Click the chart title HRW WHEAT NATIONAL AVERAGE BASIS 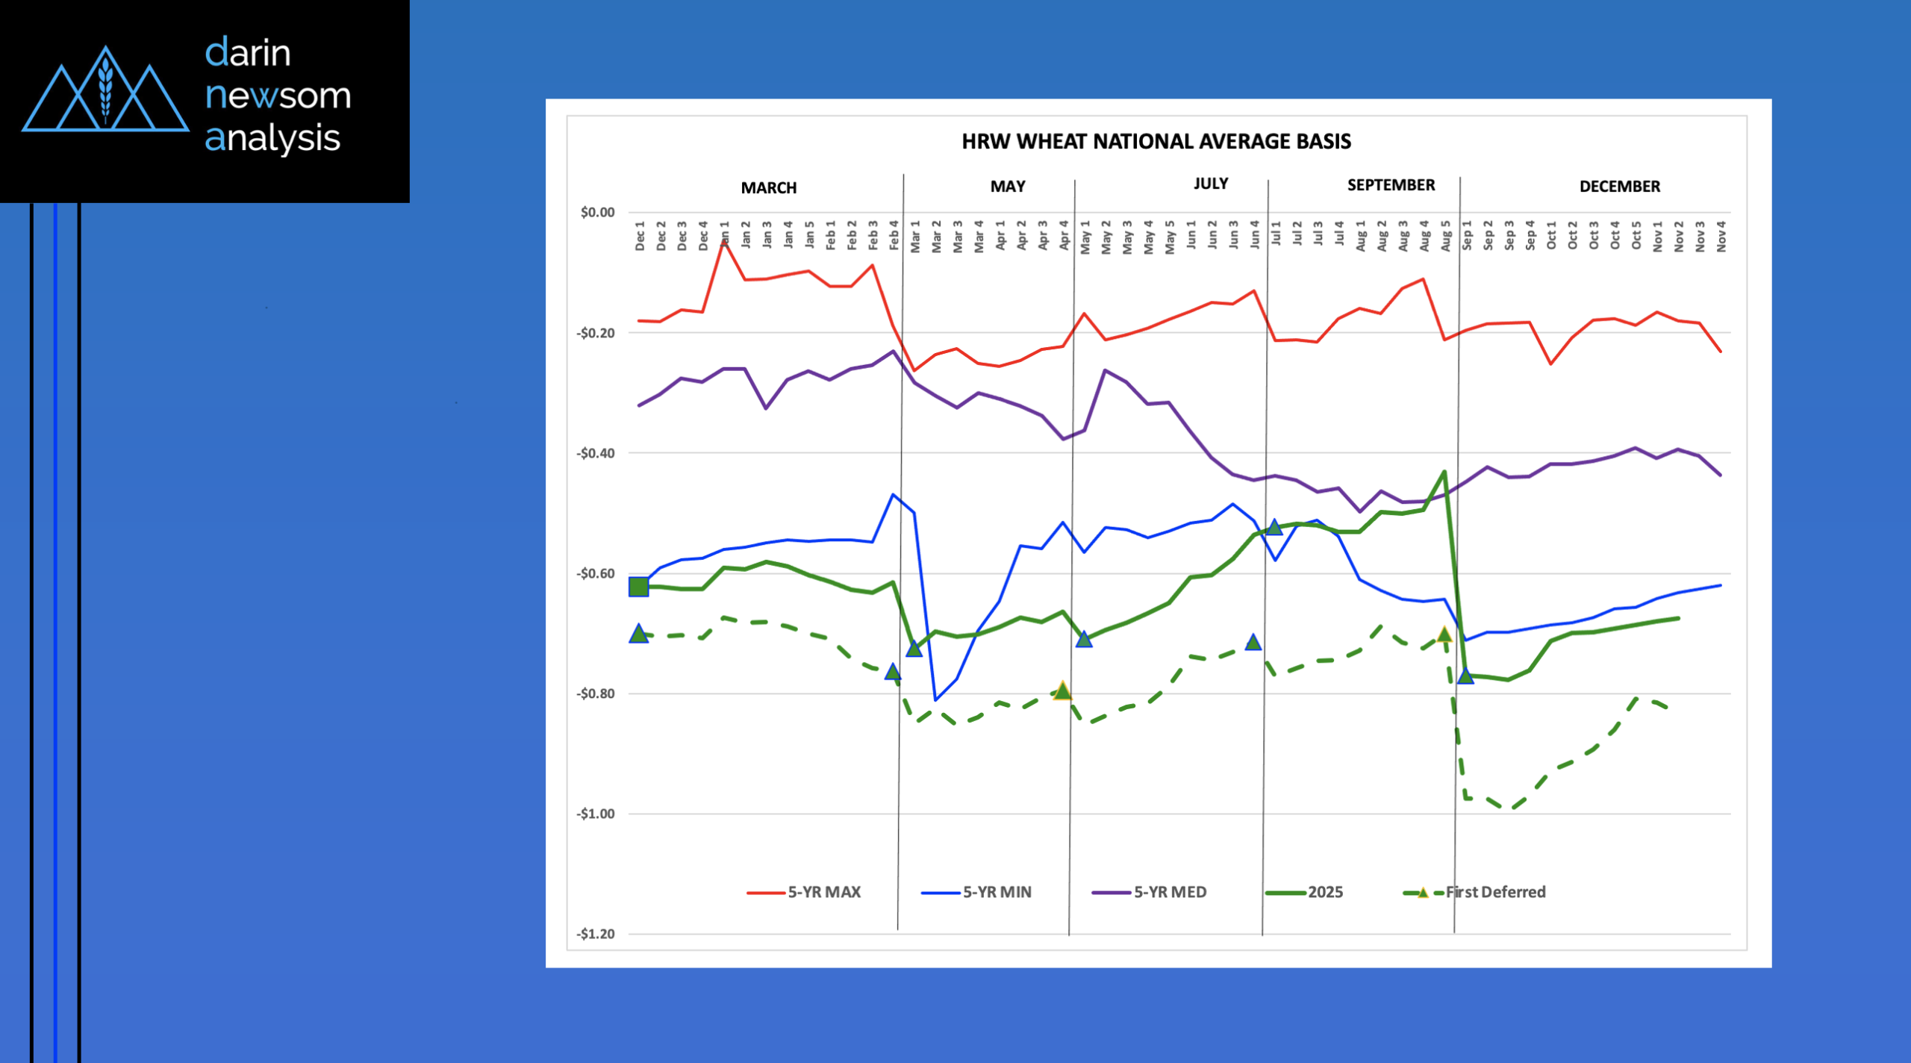click(1156, 141)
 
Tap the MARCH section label click(768, 187)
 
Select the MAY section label click(1007, 186)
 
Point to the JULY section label click(1210, 184)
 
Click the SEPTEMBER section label click(1390, 185)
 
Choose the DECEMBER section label click(1619, 187)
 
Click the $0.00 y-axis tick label click(597, 213)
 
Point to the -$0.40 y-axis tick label click(595, 453)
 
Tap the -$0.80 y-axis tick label click(595, 693)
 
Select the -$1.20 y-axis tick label click(595, 934)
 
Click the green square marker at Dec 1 click(638, 587)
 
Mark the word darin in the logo click(248, 53)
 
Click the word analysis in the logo click(272, 138)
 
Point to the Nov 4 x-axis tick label click(1721, 236)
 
